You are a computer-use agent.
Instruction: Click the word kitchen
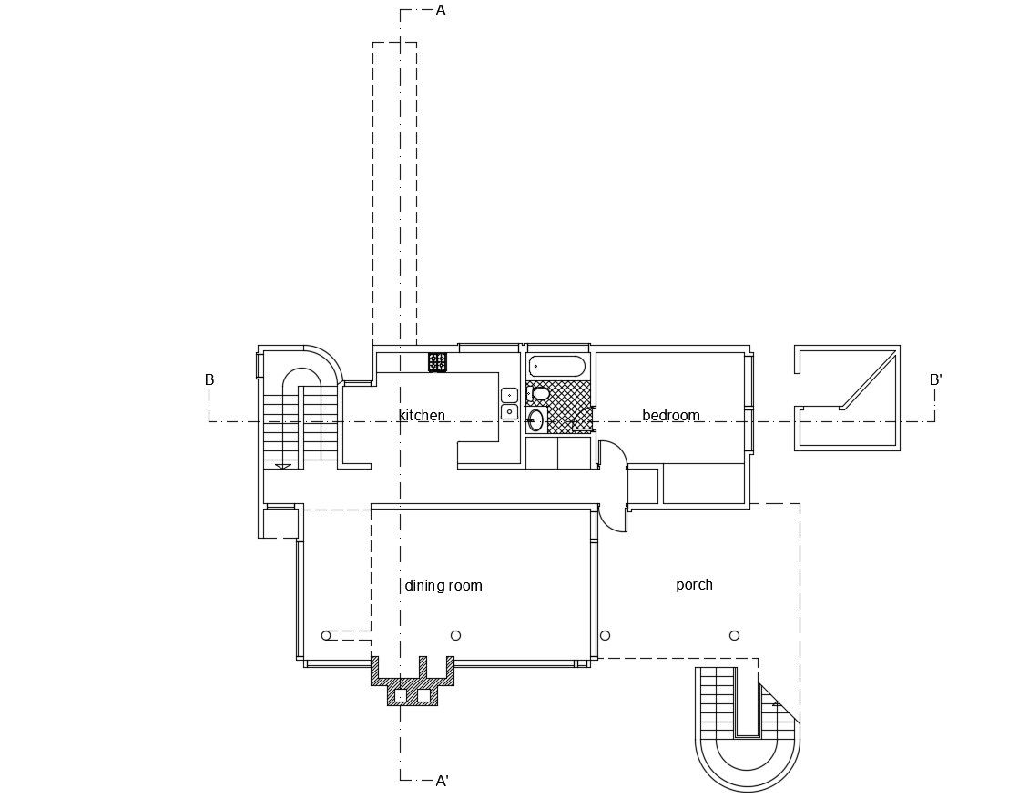pos(422,416)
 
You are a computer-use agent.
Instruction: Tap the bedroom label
pos(671,416)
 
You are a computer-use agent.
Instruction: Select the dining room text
pos(443,586)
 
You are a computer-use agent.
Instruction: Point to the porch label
pos(694,585)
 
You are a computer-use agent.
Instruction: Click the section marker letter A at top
pos(441,11)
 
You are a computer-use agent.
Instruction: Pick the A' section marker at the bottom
pos(443,781)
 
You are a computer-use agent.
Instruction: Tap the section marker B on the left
pos(209,380)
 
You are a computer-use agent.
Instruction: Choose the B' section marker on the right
pos(935,380)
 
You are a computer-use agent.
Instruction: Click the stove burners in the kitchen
pos(437,362)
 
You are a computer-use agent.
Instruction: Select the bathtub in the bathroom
pos(557,367)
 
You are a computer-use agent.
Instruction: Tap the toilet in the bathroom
pos(540,394)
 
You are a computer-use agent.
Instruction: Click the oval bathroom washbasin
pos(535,420)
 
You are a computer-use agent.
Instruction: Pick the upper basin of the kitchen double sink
pos(509,395)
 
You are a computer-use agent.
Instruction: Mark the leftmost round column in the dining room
pos(326,635)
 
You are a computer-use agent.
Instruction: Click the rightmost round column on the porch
pos(734,635)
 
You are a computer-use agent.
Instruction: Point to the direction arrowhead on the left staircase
pos(283,466)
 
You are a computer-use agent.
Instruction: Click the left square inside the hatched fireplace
pos(400,695)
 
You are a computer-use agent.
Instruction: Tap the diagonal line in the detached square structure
pos(868,381)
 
